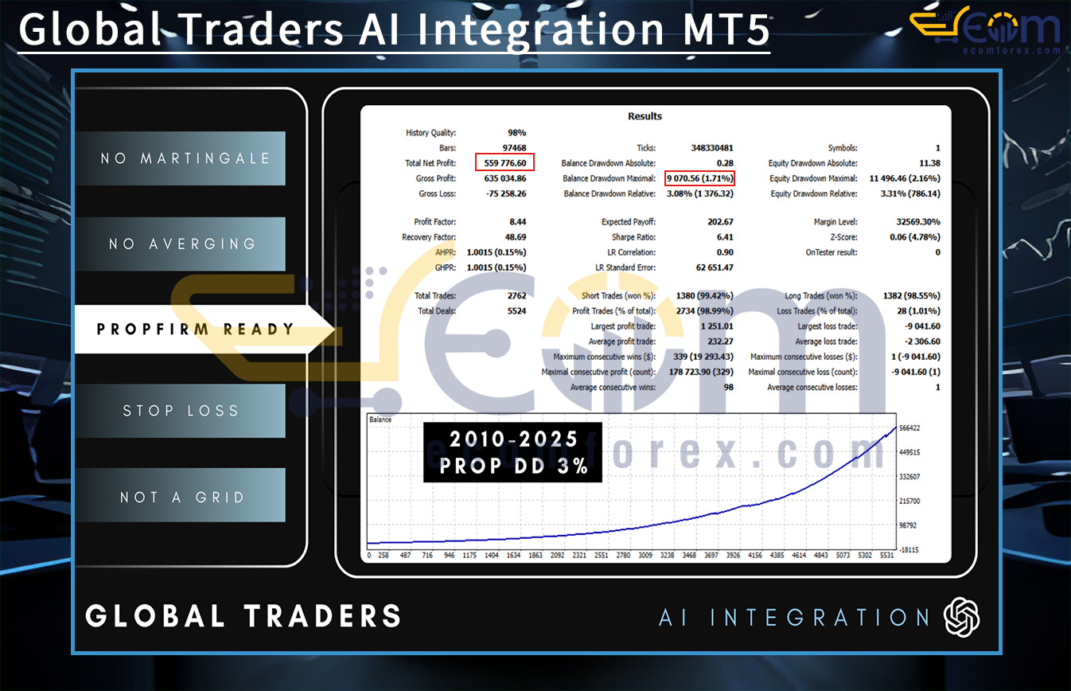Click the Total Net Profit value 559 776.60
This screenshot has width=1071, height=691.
pos(505,163)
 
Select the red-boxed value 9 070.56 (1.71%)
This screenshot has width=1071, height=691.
pos(699,178)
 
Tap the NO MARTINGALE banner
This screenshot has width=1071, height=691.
pos(185,158)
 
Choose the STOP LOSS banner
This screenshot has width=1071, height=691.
pos(181,411)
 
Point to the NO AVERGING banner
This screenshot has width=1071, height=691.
pos(182,244)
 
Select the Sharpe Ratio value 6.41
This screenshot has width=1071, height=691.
pos(724,237)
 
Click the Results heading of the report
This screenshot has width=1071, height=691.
pos(645,116)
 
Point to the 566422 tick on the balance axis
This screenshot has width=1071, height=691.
pos(909,428)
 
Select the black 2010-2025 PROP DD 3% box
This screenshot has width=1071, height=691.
pos(512,452)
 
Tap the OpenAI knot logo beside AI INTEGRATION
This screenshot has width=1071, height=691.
pos(961,617)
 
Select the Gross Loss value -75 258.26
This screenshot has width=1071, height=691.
pos(504,193)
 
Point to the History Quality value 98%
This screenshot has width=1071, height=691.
pos(516,133)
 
